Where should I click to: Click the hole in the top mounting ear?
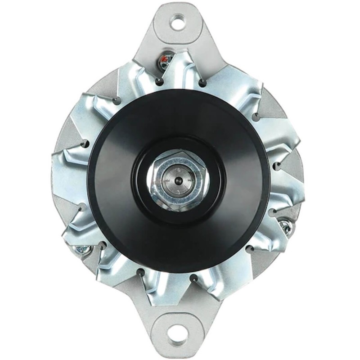click(x=179, y=22)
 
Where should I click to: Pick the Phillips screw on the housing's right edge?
click(x=284, y=225)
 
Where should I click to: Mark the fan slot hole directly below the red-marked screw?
click(x=159, y=81)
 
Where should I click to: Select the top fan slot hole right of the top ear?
click(x=202, y=81)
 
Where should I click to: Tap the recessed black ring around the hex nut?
click(x=143, y=180)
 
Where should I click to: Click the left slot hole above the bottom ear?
click(x=142, y=273)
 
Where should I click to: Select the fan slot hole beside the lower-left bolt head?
click(x=102, y=245)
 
